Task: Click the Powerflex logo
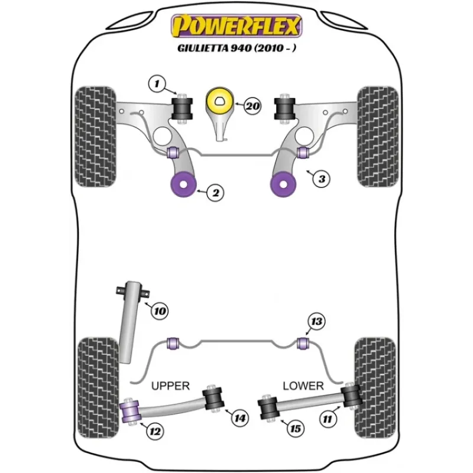pos(237,26)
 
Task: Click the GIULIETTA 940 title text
pos(237,48)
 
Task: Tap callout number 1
pos(157,83)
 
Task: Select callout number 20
pos(252,106)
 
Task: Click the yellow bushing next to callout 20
pos(220,101)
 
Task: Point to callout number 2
pos(215,193)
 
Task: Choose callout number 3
pos(322,179)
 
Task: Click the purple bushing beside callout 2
pos(183,184)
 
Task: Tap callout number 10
pos(160,311)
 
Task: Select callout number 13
pos(316,322)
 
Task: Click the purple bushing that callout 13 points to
pos(303,344)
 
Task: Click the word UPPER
pos(170,386)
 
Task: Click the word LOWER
pos(303,386)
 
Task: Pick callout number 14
pos(240,418)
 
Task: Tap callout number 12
pos(155,431)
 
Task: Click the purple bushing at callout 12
pos(130,412)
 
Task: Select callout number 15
pos(295,429)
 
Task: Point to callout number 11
pos(328,419)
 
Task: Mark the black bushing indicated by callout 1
pos(182,109)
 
